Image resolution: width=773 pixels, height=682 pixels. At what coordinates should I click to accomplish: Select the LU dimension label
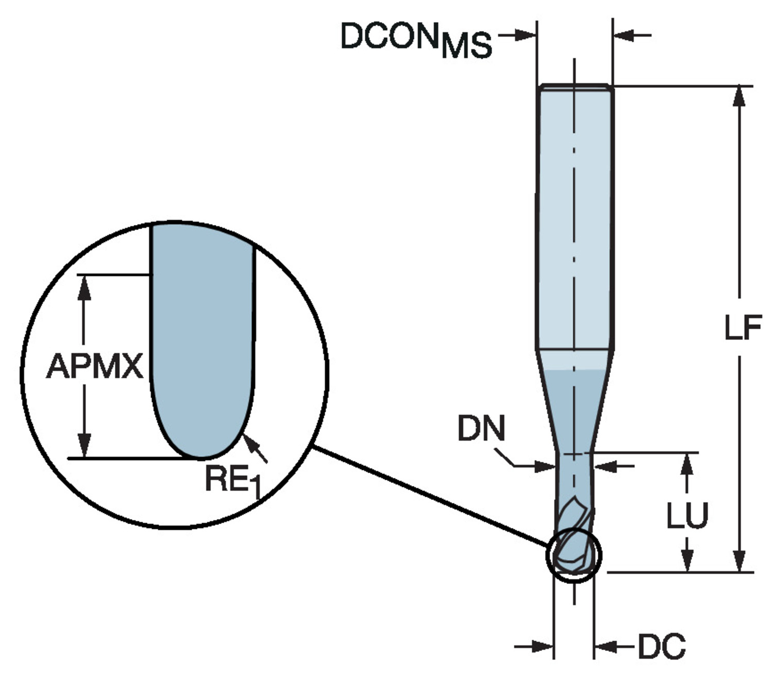coord(687,515)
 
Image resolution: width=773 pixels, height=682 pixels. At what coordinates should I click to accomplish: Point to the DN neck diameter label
coord(481,429)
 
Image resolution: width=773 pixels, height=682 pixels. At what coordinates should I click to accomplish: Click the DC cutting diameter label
coord(662,646)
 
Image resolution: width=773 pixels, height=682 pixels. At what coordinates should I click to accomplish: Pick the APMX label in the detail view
coord(95,367)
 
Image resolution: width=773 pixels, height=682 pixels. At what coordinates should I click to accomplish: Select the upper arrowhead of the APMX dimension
coord(85,287)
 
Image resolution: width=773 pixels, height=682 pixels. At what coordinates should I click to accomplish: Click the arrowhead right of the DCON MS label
coord(526,35)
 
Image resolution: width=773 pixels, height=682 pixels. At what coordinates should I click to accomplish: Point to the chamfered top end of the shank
coord(575,87)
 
